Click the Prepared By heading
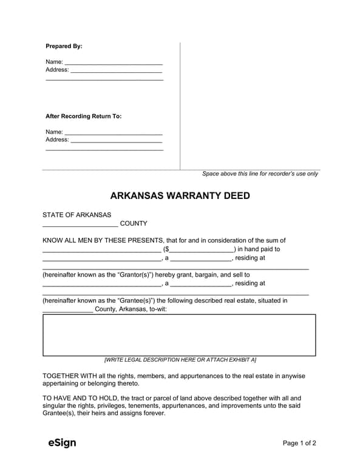point(64,46)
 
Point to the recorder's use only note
point(260,174)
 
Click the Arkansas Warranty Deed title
point(180,196)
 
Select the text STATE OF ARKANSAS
point(76,215)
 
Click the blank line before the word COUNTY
point(80,225)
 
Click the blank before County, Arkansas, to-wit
point(67,309)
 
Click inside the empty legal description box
point(179,335)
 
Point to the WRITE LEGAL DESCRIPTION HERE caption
point(180,360)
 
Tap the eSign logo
point(62,443)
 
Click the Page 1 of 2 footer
point(299,444)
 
